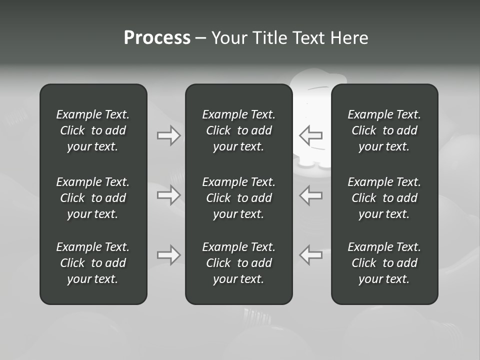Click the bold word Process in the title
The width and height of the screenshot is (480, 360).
(x=157, y=38)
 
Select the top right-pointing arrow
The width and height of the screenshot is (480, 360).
(x=169, y=135)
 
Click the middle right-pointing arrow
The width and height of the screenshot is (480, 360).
(x=169, y=195)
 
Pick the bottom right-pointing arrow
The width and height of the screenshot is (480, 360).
(x=169, y=255)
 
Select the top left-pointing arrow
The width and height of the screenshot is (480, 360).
(x=310, y=135)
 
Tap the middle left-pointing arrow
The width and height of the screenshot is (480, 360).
(x=310, y=195)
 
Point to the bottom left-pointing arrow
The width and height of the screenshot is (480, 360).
(x=310, y=255)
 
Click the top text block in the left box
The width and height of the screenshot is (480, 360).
(x=93, y=130)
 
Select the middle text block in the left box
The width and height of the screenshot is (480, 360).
(x=93, y=198)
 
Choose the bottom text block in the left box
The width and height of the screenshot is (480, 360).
(x=93, y=263)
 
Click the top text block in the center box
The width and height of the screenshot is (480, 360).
(x=238, y=130)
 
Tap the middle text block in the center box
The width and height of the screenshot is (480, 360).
(x=238, y=198)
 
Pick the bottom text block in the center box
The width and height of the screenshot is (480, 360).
(x=238, y=263)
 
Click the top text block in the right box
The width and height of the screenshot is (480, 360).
(x=384, y=130)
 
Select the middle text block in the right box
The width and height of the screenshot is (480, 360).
(x=384, y=198)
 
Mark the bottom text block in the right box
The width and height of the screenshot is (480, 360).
(x=384, y=263)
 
